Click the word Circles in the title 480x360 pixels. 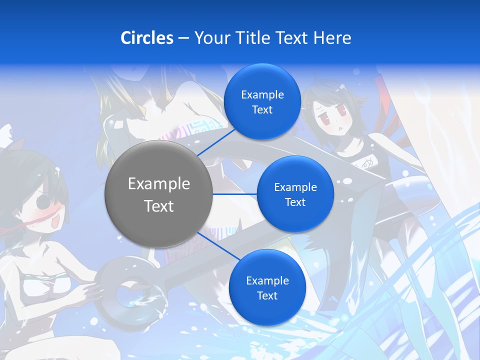[147, 38]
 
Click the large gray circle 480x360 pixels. [158, 194]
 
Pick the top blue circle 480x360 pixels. [262, 101]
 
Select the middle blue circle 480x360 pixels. [295, 194]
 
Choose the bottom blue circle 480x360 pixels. [267, 287]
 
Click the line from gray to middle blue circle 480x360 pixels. [235, 194]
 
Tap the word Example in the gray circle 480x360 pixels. [158, 184]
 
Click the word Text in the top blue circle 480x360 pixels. [262, 110]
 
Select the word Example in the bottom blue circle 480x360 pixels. [267, 280]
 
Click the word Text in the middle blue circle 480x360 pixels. [295, 202]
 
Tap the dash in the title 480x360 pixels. [183, 38]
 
